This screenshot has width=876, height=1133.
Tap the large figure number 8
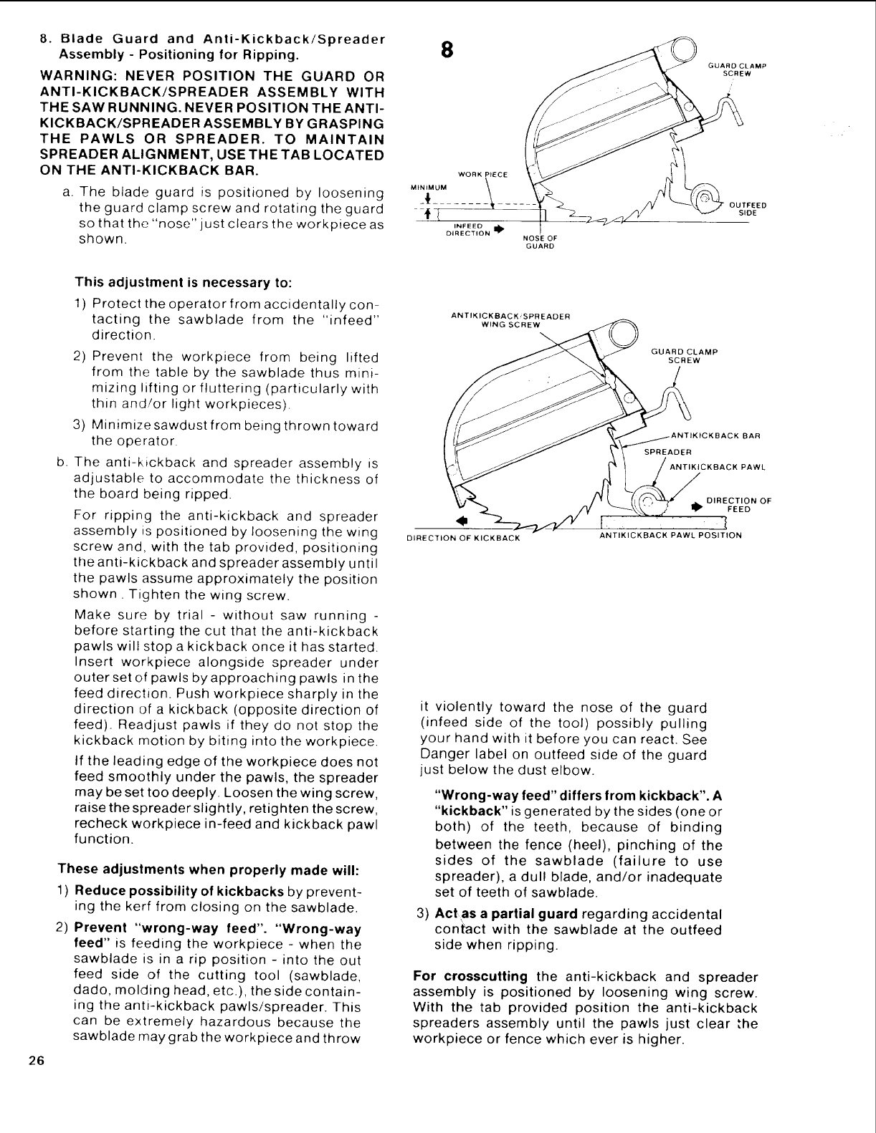(447, 49)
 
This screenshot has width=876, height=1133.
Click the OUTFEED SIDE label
(748, 209)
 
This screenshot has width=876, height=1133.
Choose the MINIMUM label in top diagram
(427, 188)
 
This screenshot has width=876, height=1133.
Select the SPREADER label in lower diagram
(667, 452)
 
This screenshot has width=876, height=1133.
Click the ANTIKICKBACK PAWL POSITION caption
(670, 535)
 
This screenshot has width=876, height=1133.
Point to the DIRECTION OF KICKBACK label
(463, 538)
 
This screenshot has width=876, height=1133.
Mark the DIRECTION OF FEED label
(738, 505)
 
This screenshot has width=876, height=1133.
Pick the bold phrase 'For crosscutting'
(470, 977)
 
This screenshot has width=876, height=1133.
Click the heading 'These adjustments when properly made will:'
(207, 870)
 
